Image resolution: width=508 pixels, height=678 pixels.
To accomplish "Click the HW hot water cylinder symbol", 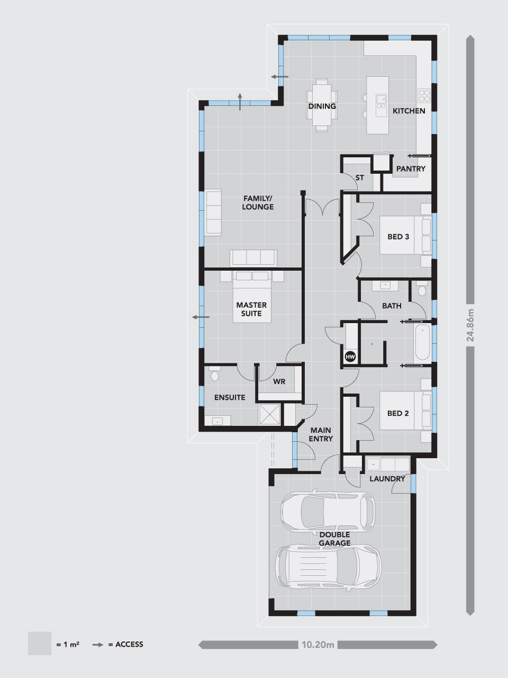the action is [350, 357].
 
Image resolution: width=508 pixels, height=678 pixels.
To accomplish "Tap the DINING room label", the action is [322, 106].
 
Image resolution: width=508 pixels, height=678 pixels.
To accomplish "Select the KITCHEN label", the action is [409, 111].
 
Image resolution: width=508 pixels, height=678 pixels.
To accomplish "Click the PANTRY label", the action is [411, 168].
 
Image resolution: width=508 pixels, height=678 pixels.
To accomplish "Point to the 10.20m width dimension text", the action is [317, 645].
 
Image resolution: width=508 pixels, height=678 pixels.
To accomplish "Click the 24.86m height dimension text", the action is [470, 325].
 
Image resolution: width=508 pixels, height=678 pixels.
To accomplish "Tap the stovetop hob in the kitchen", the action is [424, 95].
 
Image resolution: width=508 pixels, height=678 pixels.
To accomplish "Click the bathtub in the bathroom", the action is [422, 343].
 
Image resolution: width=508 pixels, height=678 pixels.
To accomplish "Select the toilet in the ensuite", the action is [214, 374].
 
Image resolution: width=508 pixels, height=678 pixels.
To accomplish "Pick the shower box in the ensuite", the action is [269, 414].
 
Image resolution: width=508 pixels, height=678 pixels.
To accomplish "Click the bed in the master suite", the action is [252, 297].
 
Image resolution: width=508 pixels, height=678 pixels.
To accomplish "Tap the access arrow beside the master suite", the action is [201, 317].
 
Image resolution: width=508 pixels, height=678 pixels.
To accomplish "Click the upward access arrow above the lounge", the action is [240, 101].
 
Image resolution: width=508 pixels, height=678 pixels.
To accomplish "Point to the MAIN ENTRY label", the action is [321, 434].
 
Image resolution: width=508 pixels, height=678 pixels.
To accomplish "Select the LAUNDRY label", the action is [387, 479].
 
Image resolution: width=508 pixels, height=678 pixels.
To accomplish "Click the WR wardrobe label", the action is [279, 381].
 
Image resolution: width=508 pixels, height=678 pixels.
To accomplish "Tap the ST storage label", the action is [360, 177].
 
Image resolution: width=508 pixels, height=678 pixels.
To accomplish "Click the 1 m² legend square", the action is [40, 644].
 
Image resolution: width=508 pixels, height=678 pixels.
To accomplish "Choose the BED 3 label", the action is [398, 237].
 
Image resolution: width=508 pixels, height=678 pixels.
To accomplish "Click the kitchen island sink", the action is [381, 102].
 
